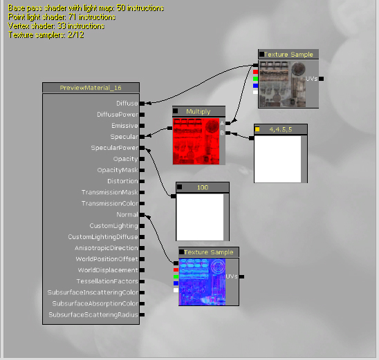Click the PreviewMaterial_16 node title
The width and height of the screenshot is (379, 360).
pos(91,88)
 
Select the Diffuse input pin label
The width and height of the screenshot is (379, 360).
pos(127,104)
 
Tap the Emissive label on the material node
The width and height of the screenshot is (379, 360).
pos(124,126)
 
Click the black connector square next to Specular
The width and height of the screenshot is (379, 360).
pos(142,137)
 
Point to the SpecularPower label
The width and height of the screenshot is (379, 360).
pos(115,148)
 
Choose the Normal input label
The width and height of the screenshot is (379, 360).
pos(127,215)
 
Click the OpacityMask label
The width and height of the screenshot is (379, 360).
pos(118,170)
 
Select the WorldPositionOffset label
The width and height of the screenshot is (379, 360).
pos(107,259)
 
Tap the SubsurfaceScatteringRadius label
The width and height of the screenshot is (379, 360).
pos(93,315)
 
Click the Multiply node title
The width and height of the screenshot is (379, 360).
pos(198,111)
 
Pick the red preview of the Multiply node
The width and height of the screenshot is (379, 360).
pos(196,141)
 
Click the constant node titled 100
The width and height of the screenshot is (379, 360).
pos(203,187)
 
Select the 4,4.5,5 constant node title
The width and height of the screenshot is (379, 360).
pos(281,129)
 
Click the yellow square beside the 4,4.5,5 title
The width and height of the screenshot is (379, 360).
pos(257,129)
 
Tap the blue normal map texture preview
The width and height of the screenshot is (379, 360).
pos(202,282)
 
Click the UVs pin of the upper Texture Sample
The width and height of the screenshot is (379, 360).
pos(321,79)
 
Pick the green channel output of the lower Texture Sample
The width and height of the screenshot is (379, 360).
pos(176,276)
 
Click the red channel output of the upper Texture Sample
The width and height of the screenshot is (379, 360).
pos(255,72)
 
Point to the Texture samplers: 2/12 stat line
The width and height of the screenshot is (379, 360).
pos(46,35)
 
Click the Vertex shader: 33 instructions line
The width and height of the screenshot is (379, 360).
pos(56,26)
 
